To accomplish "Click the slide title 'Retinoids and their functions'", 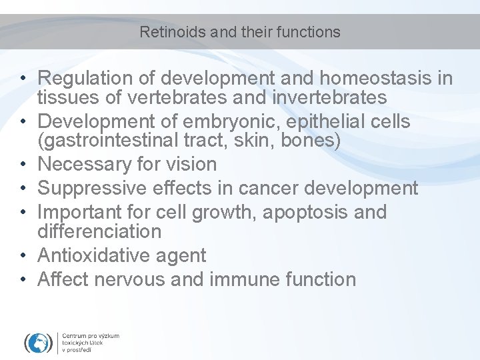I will (240, 32).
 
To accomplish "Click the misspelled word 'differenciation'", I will (99, 231).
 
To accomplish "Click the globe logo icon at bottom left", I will (38, 341).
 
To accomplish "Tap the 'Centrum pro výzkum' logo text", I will (91, 336).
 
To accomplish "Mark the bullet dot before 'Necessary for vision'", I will (22, 165).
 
